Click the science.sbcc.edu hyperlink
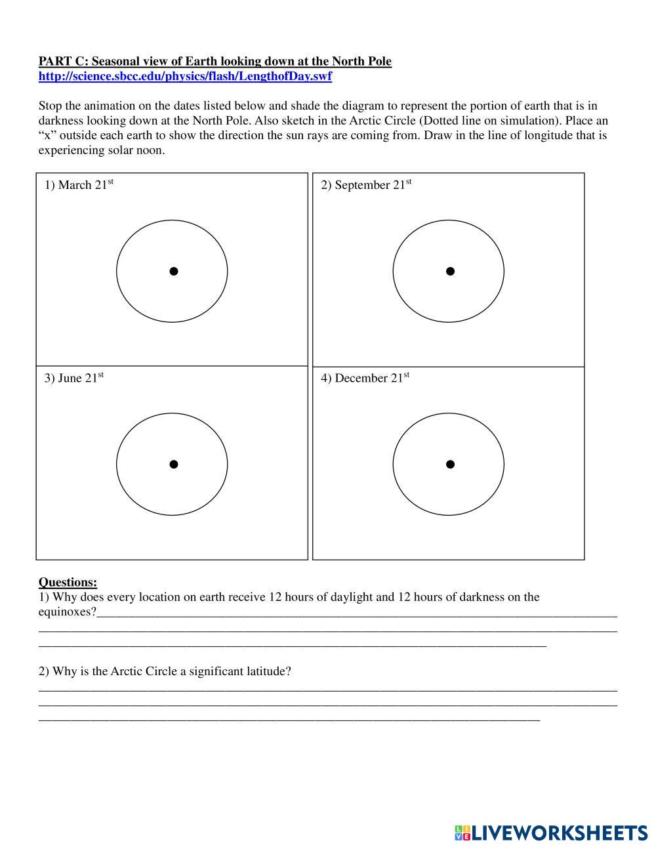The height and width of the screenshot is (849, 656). point(185,76)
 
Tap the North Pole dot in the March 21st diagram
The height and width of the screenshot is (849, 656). point(174,271)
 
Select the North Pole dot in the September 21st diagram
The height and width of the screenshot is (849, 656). point(450,271)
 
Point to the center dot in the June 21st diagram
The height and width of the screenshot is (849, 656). point(174,465)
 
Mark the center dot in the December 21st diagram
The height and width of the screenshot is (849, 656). point(450,465)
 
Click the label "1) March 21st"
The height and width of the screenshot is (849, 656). point(79,184)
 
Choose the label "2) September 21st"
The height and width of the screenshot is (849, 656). point(365,184)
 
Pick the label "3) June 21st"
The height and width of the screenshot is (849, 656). point(73,378)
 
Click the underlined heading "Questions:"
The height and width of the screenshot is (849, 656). point(68,582)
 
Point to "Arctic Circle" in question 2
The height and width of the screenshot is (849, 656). point(144,671)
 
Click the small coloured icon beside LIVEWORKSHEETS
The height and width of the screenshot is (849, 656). point(462,833)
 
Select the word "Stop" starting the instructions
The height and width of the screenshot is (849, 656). point(51,106)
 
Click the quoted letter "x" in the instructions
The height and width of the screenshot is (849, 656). point(48,136)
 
